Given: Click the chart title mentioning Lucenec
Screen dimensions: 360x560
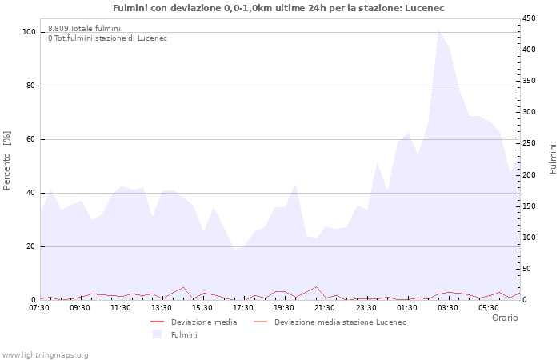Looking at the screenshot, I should point(278,8).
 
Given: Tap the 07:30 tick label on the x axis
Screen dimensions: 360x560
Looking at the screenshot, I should point(40,307).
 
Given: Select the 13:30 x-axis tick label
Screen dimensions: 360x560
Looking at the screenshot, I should point(162,307).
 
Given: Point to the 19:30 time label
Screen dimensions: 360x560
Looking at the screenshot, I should point(284,307).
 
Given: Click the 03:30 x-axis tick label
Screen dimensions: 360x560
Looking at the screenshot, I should point(447,307).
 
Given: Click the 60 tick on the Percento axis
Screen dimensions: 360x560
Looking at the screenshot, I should point(31,139).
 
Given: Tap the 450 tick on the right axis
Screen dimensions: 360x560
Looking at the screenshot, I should point(530,18).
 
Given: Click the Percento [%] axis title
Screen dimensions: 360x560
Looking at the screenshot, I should point(8,161).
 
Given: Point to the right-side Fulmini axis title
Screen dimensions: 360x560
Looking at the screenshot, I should point(553,158).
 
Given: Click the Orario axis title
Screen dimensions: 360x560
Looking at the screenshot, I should point(504,318).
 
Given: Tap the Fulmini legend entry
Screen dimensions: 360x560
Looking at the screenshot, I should point(183,334).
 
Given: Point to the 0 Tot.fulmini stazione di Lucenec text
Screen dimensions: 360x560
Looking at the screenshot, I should point(107,38).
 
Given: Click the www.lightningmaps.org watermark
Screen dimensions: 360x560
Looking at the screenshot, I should point(45,355).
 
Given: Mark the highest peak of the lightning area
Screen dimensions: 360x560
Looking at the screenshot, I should point(438,31).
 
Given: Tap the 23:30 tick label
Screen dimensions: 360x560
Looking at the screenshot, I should point(366,307).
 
